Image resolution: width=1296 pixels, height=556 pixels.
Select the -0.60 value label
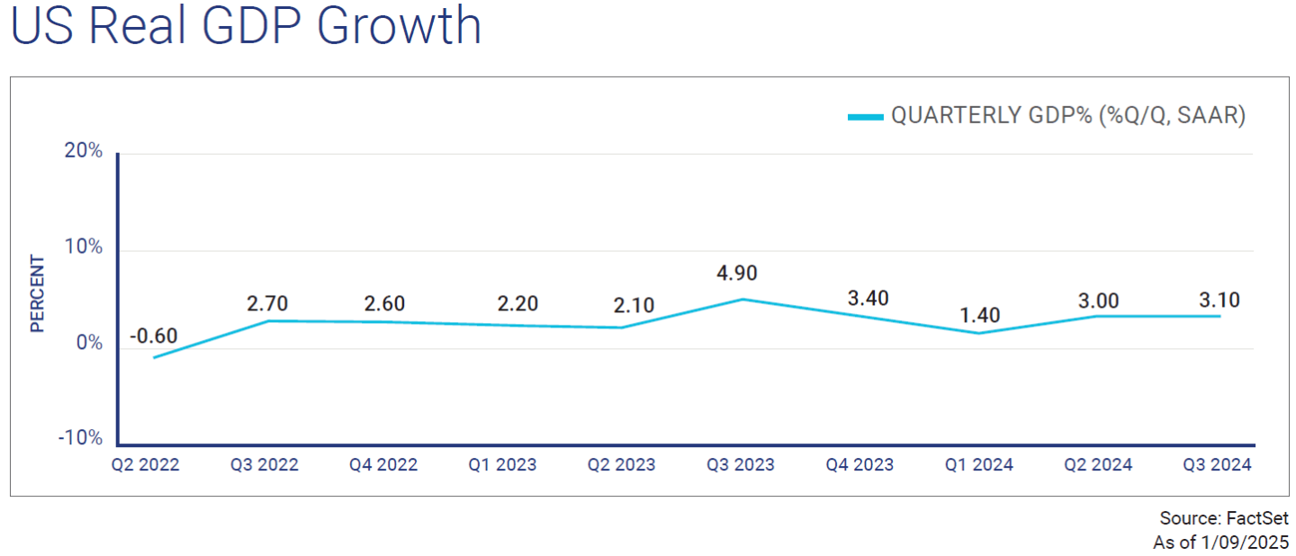click(153, 336)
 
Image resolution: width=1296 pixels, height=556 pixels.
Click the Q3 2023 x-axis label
click(742, 465)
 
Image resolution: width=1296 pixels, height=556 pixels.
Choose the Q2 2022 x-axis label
click(146, 465)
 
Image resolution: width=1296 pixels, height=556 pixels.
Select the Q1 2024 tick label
click(979, 465)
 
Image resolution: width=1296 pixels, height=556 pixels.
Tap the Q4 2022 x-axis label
click(383, 465)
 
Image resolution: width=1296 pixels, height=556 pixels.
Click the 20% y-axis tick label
click(84, 151)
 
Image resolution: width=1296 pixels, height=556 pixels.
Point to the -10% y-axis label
click(80, 438)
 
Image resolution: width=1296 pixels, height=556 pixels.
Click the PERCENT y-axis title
click(38, 294)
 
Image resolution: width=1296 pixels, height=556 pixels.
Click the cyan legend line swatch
click(865, 116)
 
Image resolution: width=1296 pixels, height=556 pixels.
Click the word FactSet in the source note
click(1257, 519)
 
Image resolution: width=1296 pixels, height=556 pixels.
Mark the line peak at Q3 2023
click(742, 299)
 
